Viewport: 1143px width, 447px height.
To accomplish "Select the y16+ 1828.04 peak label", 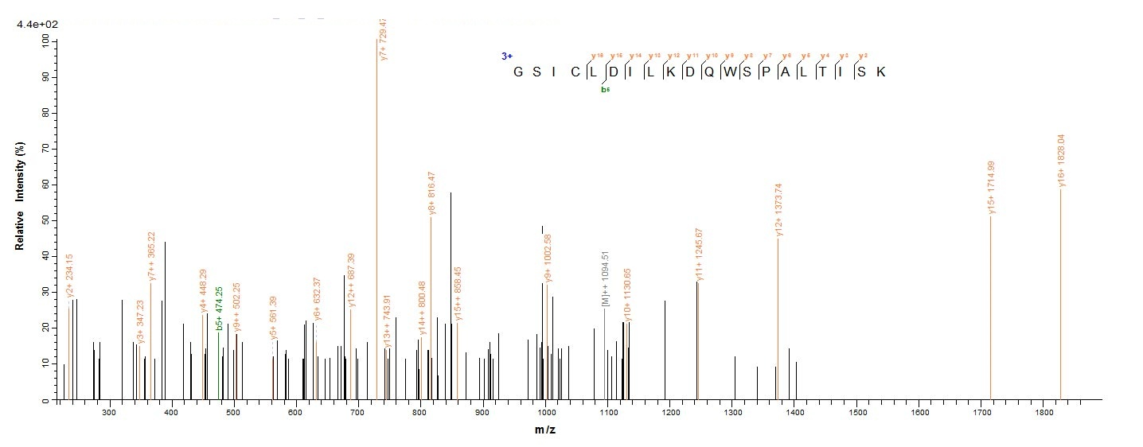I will point(1061,160).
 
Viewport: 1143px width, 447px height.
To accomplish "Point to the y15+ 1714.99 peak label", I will point(992,187).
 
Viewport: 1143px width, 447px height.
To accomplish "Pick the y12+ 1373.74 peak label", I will point(779,210).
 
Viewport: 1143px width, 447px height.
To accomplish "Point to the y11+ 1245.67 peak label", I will point(699,254).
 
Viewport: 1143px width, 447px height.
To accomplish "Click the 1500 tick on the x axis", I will point(857,414).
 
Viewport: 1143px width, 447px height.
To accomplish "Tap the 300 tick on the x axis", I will point(109,414).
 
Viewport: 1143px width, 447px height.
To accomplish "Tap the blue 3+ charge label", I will point(507,56).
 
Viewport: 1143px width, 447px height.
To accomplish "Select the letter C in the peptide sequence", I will point(574,72).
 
